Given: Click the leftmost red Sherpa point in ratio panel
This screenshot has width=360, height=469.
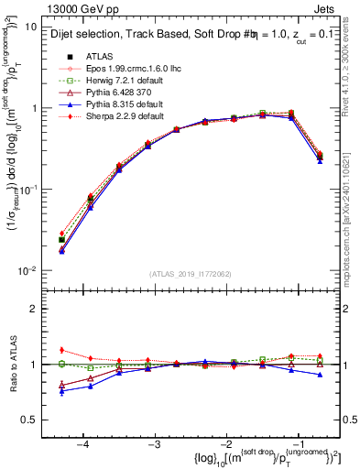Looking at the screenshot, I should (x=61, y=350).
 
